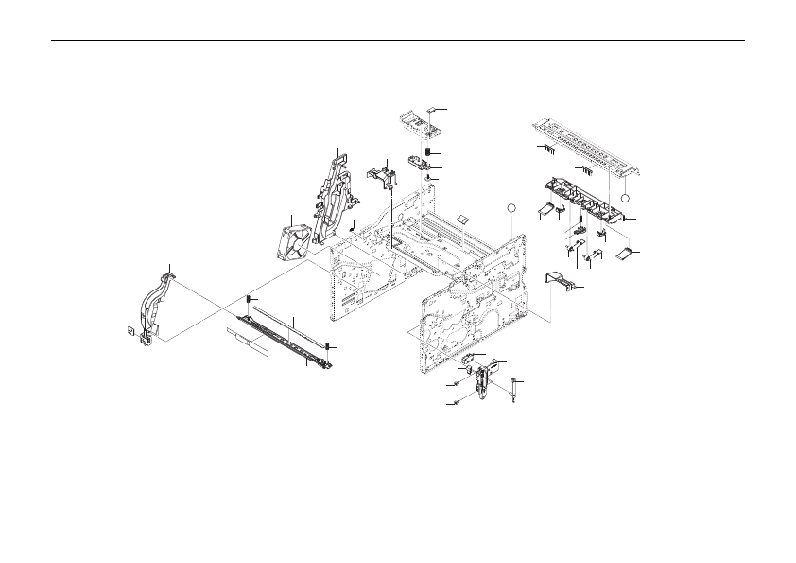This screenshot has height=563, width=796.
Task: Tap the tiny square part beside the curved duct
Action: pyautogui.click(x=130, y=331)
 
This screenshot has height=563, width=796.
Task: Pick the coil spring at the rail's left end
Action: pyautogui.click(x=249, y=300)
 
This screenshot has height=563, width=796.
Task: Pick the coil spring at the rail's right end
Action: pyautogui.click(x=327, y=346)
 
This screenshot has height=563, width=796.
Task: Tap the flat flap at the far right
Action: pyautogui.click(x=623, y=254)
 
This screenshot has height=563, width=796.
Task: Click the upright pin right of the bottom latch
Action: pyautogui.click(x=512, y=388)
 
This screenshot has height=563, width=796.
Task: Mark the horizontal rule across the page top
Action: pyautogui.click(x=397, y=40)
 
